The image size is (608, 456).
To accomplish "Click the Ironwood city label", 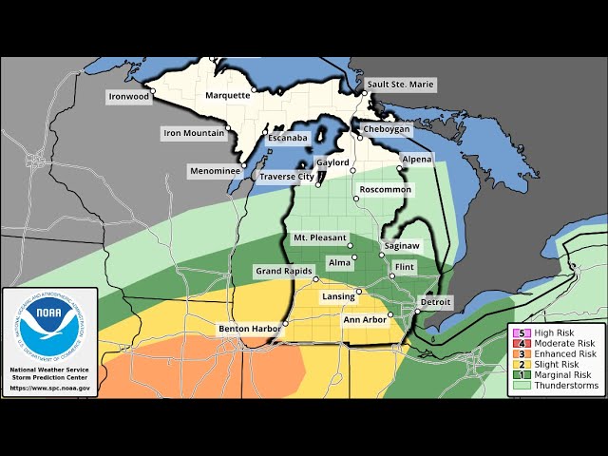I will [x=127, y=96].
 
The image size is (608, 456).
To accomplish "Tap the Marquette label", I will [x=228, y=95].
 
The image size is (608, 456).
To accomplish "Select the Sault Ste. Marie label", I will [x=402, y=85].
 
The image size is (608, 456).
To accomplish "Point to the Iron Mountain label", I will [x=193, y=134].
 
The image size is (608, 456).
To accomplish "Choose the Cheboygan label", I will [x=386, y=129].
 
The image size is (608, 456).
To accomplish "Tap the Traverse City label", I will [x=287, y=177].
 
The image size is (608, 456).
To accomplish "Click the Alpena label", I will [x=416, y=159].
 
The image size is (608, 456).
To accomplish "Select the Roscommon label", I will [x=385, y=190].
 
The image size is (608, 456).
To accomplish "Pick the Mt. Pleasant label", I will [x=319, y=237].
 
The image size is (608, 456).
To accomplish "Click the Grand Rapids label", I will [x=284, y=272].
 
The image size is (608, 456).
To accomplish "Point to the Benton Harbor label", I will [x=249, y=329].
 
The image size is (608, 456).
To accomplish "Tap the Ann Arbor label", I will [x=365, y=320].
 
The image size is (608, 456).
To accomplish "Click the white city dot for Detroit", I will [x=417, y=311].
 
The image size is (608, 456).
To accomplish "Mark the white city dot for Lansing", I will [x=359, y=291].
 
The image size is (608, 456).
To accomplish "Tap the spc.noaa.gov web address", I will [x=49, y=388].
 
